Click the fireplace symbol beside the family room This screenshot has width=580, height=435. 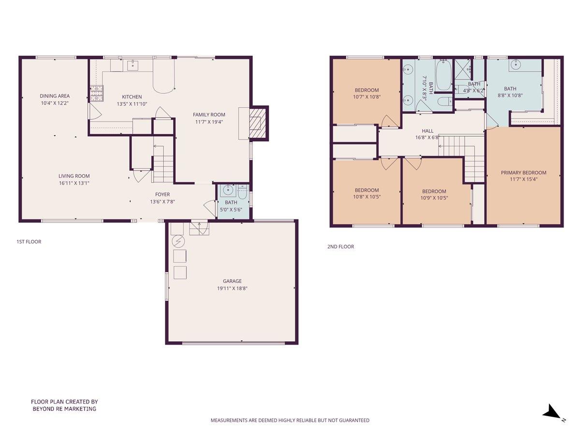pos(259,123)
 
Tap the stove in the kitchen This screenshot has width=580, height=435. pos(96,93)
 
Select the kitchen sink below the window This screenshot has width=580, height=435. pos(132,65)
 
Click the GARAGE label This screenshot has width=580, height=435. pos(232,281)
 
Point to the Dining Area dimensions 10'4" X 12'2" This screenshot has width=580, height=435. pos(55,103)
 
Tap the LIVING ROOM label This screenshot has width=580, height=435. pos(74,176)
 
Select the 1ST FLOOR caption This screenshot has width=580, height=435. pos(29,241)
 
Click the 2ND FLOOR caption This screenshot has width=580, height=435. pos(341,246)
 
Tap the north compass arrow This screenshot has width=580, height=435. pos(551,412)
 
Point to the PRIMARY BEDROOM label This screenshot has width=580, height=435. pos(523,173)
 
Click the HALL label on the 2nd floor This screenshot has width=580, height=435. pos(428,130)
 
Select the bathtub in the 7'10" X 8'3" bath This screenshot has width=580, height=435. pos(443,75)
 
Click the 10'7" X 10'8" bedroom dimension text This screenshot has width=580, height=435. pos(367,97)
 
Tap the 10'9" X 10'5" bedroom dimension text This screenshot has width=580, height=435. pos(435,197)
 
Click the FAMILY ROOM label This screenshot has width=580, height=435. pos(209,115)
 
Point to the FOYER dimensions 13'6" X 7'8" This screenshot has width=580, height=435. pos(162,202)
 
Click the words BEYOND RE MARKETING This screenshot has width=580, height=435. pos(64,408)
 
